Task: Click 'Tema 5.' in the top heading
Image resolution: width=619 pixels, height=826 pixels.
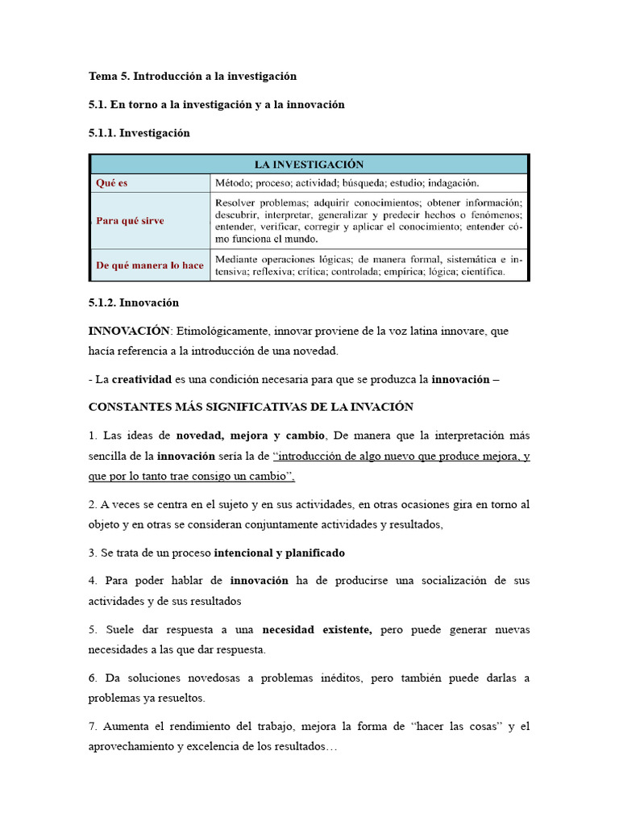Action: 109,77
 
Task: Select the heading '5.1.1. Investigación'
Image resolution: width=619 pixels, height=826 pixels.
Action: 139,133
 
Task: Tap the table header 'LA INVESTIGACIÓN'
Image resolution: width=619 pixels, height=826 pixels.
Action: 309,164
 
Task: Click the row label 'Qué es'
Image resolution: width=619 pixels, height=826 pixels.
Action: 112,183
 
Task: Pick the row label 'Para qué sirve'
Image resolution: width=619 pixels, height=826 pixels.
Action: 131,220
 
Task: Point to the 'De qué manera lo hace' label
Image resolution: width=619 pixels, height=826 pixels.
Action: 150,265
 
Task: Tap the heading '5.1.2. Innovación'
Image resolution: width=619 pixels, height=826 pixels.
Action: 134,302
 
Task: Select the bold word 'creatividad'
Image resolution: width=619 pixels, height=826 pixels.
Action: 142,379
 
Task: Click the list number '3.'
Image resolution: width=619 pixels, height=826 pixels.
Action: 93,553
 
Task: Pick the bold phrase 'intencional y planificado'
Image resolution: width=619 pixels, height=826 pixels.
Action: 279,553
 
